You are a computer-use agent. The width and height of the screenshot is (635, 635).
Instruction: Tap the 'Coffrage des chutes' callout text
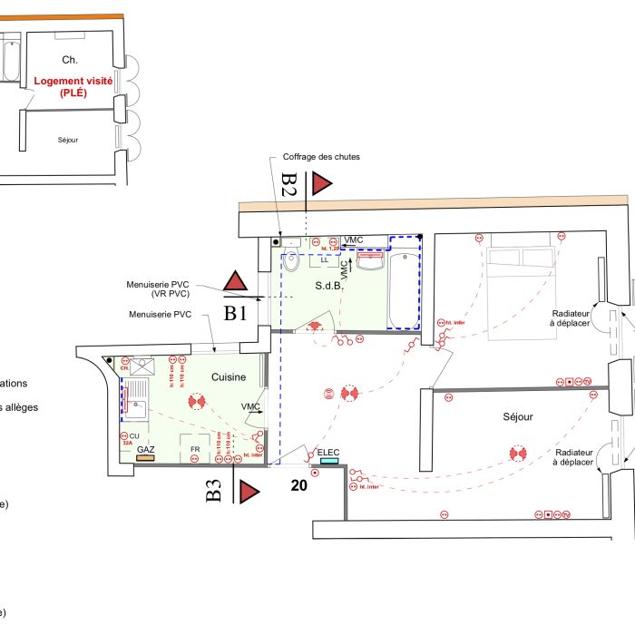(321, 157)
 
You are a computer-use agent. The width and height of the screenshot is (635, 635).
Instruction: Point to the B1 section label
(236, 313)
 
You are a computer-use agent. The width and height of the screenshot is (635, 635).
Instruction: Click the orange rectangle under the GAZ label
(145, 458)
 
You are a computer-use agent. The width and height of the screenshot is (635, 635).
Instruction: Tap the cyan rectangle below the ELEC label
(327, 461)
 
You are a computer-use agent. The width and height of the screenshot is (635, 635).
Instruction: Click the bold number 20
(298, 485)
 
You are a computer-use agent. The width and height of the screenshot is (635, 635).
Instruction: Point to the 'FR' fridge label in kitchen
(194, 449)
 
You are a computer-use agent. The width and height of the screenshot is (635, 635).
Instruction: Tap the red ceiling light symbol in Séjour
(518, 451)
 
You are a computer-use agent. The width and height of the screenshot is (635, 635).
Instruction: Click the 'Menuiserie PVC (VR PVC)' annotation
(159, 290)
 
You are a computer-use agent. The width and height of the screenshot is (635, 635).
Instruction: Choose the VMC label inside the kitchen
(250, 406)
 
